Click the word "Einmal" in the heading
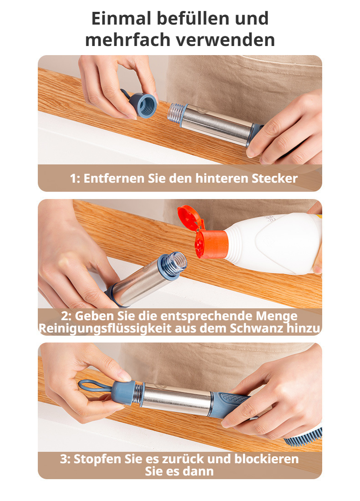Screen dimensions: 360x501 click(121, 18)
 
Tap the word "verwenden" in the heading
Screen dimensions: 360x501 click(225, 40)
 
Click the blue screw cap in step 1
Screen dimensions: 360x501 click(143, 105)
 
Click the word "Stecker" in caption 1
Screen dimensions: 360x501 click(274, 178)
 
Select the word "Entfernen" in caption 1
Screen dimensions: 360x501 click(114, 178)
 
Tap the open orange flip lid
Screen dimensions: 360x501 click(191, 218)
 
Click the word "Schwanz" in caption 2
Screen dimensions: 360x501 click(257, 328)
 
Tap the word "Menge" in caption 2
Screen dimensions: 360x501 click(277, 317)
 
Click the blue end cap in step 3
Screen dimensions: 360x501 click(123, 393)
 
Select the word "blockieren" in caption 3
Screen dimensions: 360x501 click(266, 459)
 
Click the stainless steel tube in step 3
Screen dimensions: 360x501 click(176, 400)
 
